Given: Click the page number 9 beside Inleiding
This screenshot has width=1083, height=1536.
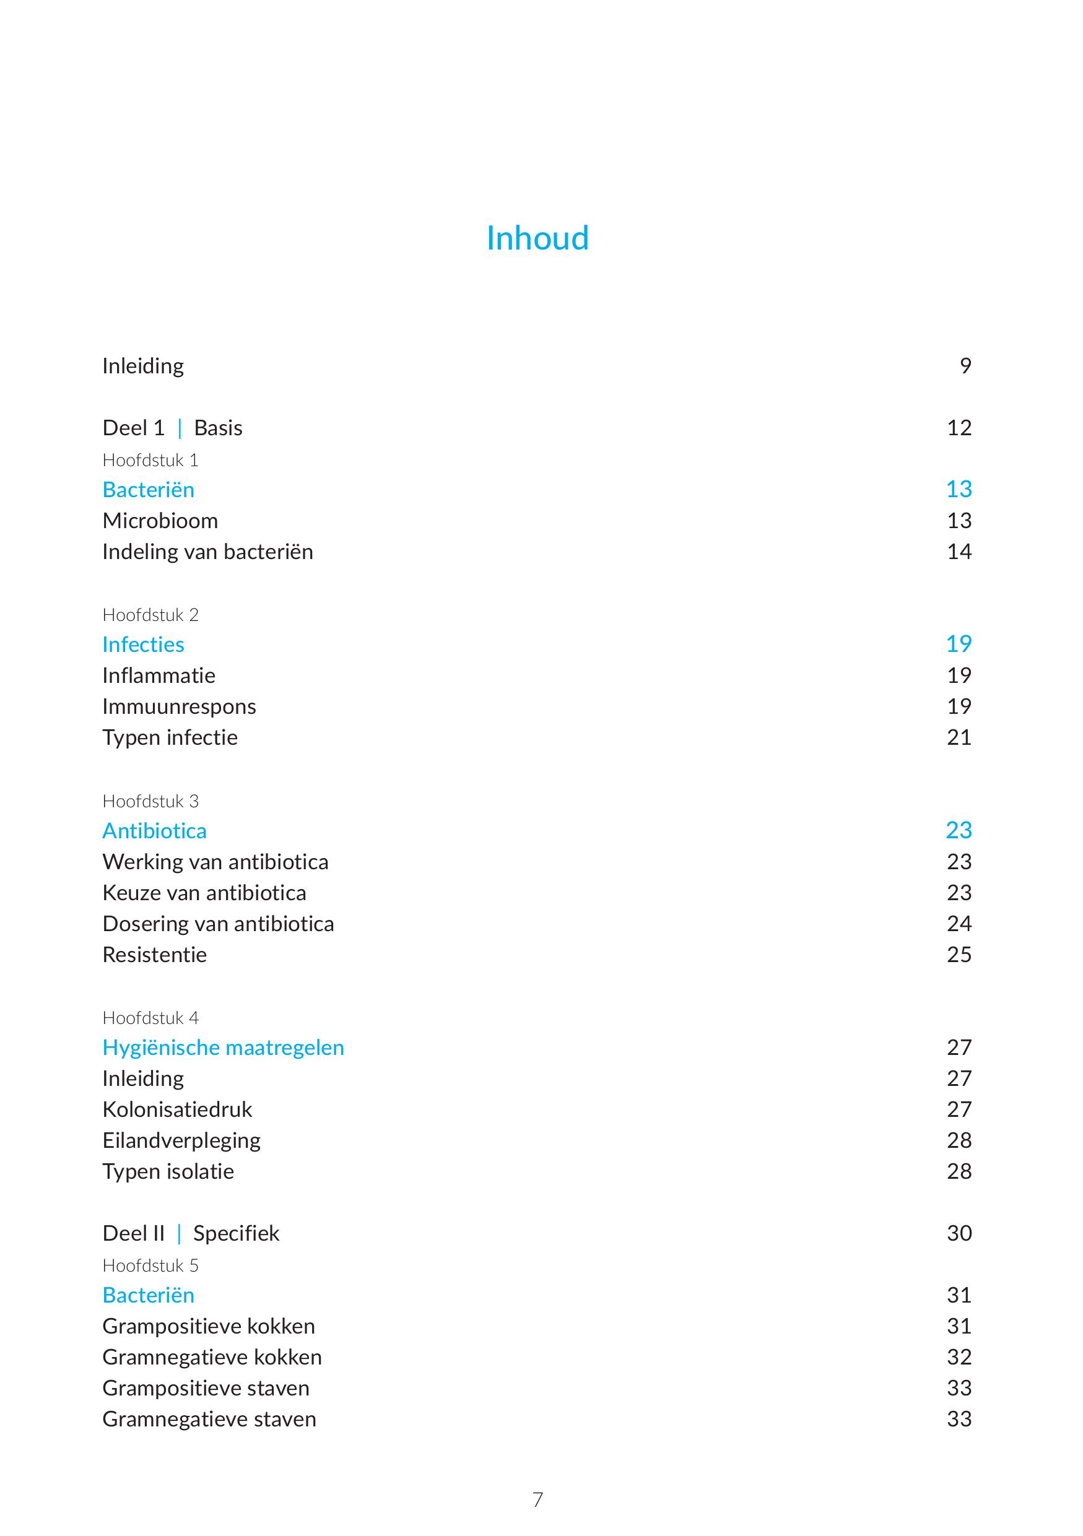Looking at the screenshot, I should [965, 365].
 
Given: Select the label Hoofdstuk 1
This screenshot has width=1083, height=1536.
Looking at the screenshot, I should [150, 460].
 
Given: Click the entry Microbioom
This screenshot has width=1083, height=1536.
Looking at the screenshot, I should [160, 521].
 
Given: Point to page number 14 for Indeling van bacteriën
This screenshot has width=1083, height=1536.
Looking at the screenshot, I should [959, 551].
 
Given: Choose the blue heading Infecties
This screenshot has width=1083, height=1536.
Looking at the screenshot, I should [143, 644].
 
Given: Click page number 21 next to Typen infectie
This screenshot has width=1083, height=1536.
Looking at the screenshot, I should [959, 737].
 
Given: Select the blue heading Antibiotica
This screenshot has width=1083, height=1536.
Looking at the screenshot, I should [155, 831].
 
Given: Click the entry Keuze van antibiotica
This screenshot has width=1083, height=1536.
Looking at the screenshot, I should [204, 892].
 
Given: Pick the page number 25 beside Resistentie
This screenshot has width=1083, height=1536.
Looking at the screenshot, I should [959, 955].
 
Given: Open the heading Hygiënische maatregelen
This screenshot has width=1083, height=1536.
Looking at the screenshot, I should [223, 1048].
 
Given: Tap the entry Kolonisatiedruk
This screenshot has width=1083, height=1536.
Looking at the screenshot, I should [177, 1109].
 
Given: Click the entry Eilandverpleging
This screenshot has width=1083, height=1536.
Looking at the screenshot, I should [181, 1140].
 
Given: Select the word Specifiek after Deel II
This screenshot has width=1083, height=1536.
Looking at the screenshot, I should [235, 1233].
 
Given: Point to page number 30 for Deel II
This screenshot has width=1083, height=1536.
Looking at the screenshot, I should [959, 1233].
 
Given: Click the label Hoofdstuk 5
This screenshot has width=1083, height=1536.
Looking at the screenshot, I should [150, 1265].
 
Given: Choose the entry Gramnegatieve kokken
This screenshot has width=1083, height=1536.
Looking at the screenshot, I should [212, 1356].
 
